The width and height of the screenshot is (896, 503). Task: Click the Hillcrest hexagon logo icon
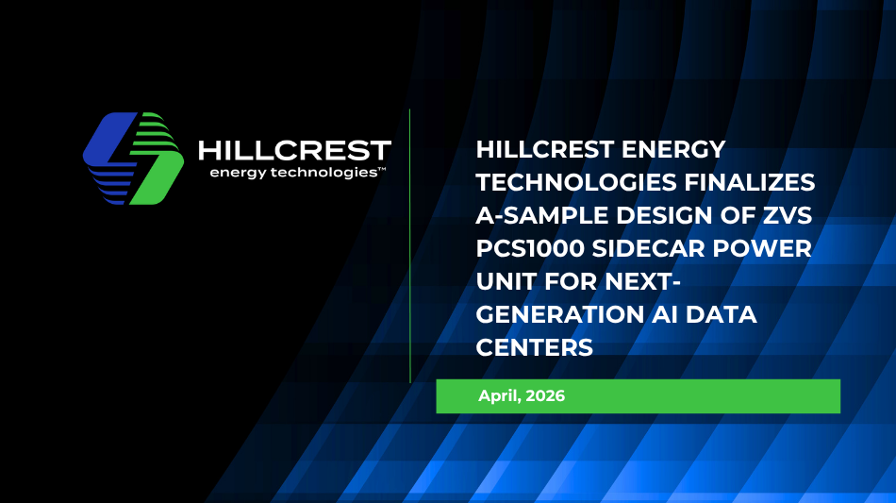[x=133, y=159]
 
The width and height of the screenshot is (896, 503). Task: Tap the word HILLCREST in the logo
[x=294, y=151]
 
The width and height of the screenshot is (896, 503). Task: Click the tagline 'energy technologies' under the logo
[x=293, y=173]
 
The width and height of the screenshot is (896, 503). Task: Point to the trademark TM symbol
[x=382, y=170]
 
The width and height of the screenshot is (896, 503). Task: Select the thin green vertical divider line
[x=409, y=245]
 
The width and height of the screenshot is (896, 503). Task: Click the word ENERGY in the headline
[x=673, y=150]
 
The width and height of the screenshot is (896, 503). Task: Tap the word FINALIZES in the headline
[x=749, y=183]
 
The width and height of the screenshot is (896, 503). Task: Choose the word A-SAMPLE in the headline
[x=541, y=215]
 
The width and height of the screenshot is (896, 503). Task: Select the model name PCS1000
[x=530, y=248]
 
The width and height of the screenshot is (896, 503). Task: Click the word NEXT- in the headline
[x=643, y=282]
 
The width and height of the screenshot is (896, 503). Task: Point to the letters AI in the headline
[x=665, y=315]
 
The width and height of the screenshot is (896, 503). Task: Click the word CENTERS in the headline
[x=534, y=347]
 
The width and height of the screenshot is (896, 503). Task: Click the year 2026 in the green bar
[x=545, y=395]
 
